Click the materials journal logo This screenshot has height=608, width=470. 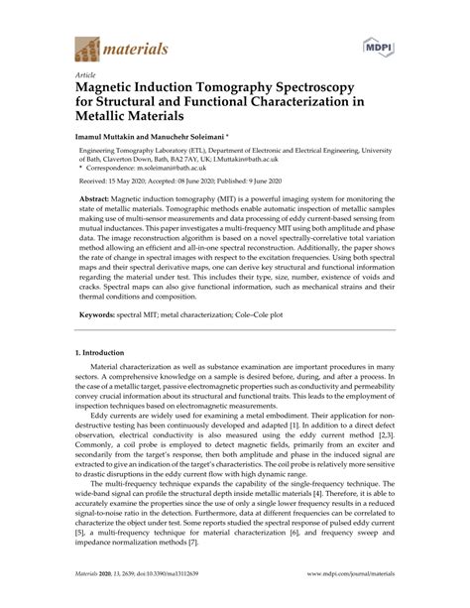[119, 48]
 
